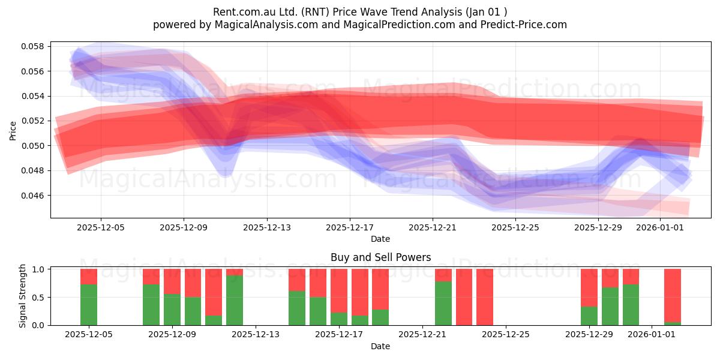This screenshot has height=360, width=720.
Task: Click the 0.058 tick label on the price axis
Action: [32, 46]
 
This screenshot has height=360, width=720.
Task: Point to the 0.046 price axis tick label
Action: [32, 196]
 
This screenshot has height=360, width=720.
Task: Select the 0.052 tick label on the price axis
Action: [32, 121]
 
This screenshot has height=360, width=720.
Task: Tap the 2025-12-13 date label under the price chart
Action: [267, 227]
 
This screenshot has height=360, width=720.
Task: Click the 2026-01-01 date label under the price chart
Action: [660, 227]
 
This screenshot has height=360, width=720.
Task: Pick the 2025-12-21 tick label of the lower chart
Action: [422, 335]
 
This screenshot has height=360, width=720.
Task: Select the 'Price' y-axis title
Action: [13, 131]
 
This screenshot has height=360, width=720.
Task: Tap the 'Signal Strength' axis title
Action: [22, 296]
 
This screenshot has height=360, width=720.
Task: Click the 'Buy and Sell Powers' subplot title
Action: [380, 257]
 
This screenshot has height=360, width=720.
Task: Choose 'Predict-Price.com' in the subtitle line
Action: [524, 25]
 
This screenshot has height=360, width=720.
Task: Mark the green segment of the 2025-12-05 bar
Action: [89, 305]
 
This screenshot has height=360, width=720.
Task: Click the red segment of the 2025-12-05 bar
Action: [89, 277]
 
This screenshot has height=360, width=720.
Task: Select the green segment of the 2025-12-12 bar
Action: [235, 301]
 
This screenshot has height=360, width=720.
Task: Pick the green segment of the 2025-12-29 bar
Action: [589, 316]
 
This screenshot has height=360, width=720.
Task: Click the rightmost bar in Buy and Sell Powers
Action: [673, 297]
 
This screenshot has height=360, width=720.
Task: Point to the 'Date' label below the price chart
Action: [380, 239]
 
